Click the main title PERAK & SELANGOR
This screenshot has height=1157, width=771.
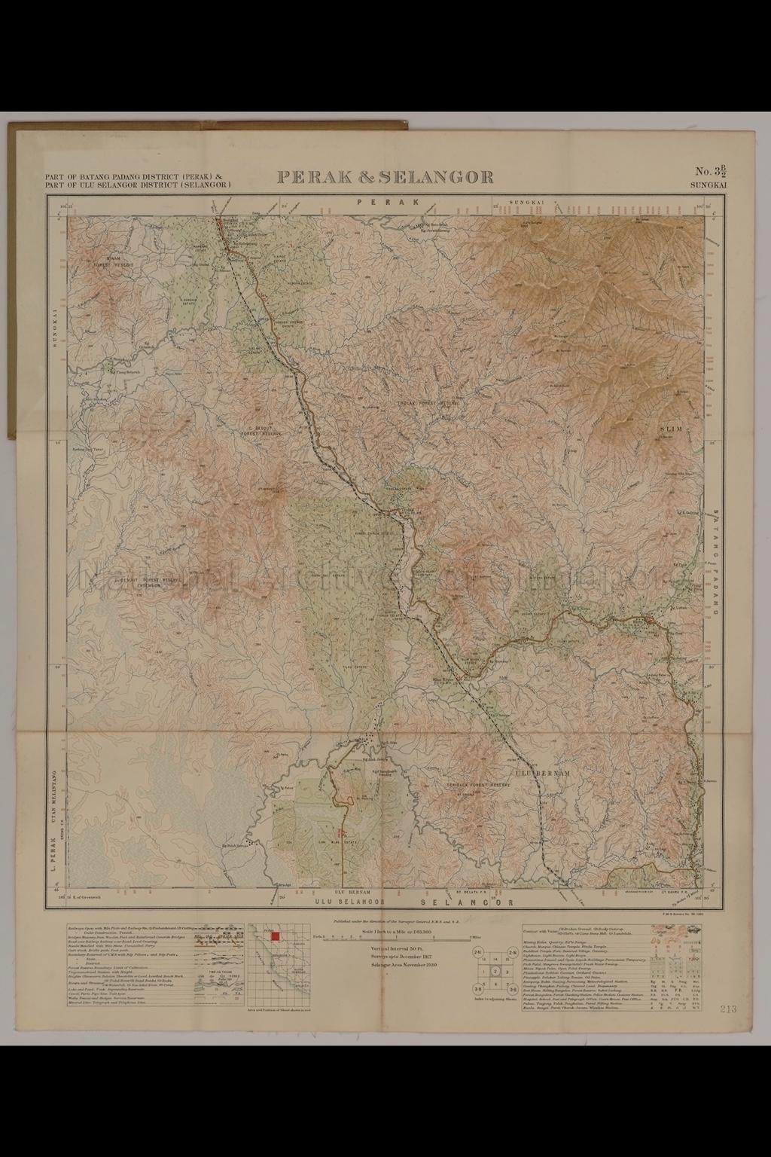(x=385, y=177)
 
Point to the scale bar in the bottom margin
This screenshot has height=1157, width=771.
(x=392, y=938)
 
